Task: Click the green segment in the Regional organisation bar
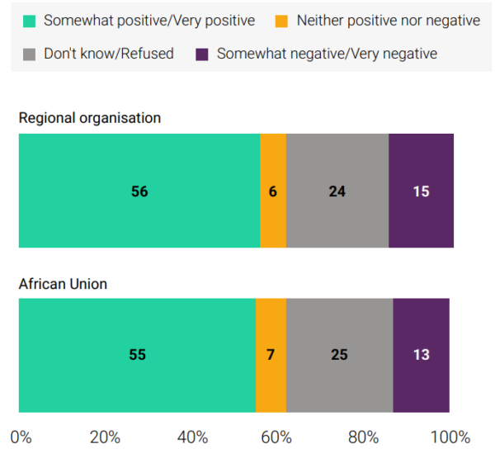(139, 191)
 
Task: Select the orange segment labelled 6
(273, 191)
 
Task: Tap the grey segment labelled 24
(337, 191)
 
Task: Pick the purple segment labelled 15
(421, 191)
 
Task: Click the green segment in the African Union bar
(137, 356)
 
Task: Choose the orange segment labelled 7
(271, 356)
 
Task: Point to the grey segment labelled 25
(340, 356)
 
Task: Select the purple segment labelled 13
(421, 356)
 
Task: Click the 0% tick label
(21, 437)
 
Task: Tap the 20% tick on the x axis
(105, 437)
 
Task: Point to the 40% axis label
(192, 437)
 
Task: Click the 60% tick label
(276, 437)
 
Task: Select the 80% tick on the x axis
(363, 437)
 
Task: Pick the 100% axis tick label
(450, 437)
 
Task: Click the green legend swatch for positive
(30, 21)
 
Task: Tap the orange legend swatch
(281, 21)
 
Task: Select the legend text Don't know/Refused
(109, 54)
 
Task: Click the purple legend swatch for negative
(202, 54)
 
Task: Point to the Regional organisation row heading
(90, 118)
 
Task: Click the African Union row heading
(64, 284)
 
